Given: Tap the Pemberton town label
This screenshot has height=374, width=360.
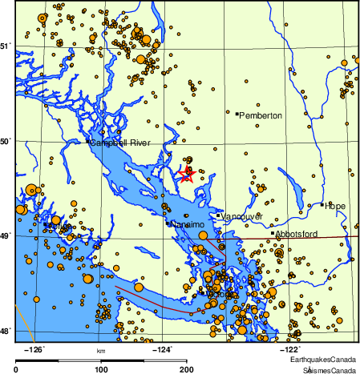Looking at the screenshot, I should [261, 116].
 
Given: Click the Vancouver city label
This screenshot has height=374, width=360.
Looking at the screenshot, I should [242, 216].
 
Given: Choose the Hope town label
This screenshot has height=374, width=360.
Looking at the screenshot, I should [335, 206].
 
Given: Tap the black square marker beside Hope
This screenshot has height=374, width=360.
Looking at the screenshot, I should [322, 204].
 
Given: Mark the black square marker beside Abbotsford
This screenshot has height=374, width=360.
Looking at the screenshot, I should [273, 233].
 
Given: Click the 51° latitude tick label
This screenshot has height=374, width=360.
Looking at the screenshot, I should [6, 46].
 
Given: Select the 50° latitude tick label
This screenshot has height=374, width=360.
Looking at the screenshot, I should [6, 142].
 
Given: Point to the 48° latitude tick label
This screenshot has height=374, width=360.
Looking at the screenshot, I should [6, 331].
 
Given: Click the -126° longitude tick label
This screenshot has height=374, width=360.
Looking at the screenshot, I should [36, 349].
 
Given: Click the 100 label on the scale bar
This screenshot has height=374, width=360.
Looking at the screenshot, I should [101, 369].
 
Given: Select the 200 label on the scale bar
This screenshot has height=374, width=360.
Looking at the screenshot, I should [186, 369].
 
